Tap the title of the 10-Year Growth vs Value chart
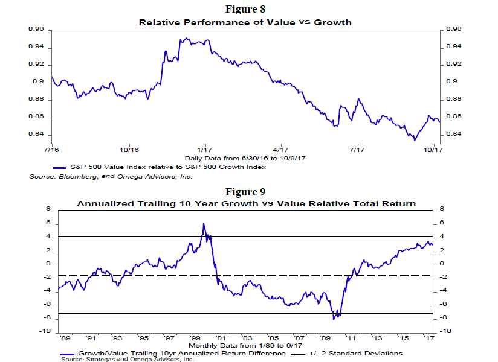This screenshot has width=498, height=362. (x=246, y=204)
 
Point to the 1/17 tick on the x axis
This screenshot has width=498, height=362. (x=204, y=148)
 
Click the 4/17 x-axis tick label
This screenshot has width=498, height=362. (x=280, y=148)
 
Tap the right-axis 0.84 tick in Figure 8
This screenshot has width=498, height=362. (x=453, y=134)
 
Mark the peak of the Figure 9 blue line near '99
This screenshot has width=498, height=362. (x=204, y=224)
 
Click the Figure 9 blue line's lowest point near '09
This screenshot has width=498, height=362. (x=334, y=318)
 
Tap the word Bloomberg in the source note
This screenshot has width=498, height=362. (x=77, y=177)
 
